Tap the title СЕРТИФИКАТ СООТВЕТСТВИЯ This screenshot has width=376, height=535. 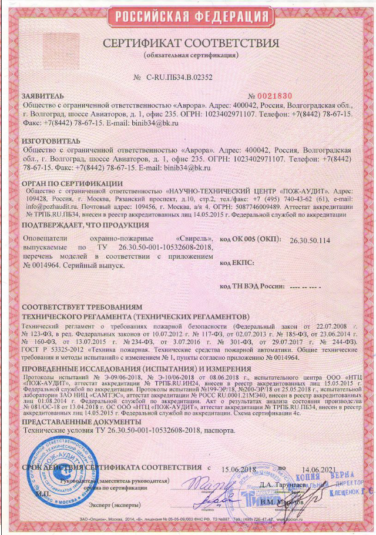pos(191,44)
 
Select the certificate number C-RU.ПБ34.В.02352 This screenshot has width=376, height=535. pos(173,77)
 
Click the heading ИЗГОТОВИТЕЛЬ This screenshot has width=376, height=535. pos(49,142)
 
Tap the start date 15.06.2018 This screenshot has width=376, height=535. pos(239,469)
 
